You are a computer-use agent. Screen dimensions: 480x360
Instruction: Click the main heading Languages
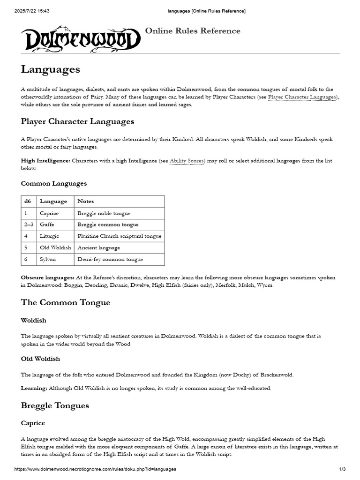[51, 69]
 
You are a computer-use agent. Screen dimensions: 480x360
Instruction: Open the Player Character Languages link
[302, 97]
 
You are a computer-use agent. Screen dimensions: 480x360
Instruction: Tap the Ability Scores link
[187, 161]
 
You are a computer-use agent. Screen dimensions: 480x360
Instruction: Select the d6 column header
[27, 202]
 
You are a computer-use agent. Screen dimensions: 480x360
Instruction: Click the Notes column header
[86, 202]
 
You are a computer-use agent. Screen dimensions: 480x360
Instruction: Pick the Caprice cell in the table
[49, 213]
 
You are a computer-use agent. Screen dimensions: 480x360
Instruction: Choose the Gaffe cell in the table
[47, 225]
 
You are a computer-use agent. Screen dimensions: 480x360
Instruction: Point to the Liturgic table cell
[50, 236]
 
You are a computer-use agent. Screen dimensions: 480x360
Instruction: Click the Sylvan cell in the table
[48, 259]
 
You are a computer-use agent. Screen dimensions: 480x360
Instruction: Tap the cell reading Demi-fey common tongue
[110, 259]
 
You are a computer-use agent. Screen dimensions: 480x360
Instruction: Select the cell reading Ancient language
[99, 247]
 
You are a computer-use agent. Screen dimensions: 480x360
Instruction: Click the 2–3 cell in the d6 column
[28, 225]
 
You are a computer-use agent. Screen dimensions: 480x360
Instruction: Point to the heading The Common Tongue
[66, 302]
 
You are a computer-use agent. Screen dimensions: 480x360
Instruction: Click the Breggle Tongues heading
[55, 405]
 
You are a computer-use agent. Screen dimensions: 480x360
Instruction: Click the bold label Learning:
[34, 388]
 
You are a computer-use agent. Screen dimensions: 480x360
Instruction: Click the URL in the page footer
[95, 469]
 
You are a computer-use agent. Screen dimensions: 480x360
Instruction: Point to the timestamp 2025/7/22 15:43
[32, 11]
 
